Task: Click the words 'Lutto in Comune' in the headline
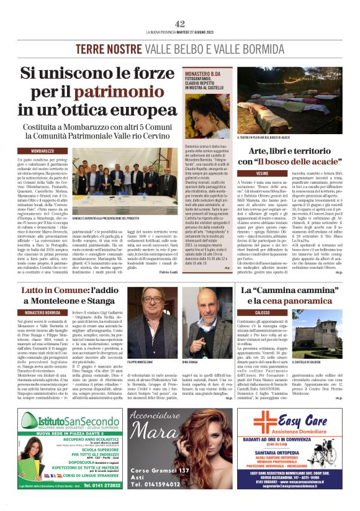coord(59,291)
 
